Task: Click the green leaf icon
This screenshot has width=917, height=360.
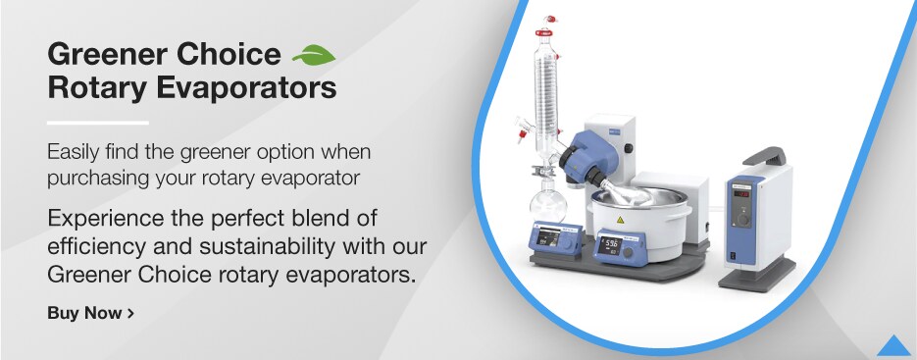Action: coord(314,53)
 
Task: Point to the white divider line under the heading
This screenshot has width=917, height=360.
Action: coord(97,123)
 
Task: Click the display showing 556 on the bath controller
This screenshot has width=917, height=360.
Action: coord(609,244)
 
